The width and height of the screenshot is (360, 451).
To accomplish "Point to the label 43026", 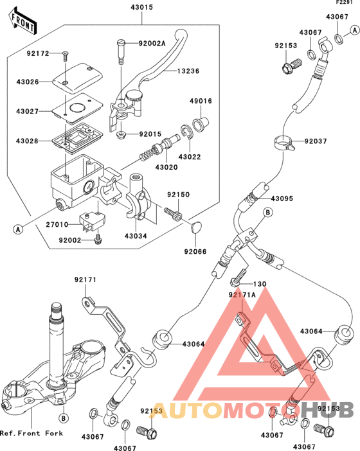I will (x=28, y=82).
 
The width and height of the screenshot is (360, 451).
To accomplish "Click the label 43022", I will (x=189, y=157).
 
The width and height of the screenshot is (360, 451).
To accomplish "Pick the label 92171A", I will (x=243, y=294).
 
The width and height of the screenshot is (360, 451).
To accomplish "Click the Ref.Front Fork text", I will (x=32, y=434).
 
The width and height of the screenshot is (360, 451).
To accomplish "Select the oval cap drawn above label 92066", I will (x=197, y=225).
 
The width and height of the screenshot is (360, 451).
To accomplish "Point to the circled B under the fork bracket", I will (x=64, y=418).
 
